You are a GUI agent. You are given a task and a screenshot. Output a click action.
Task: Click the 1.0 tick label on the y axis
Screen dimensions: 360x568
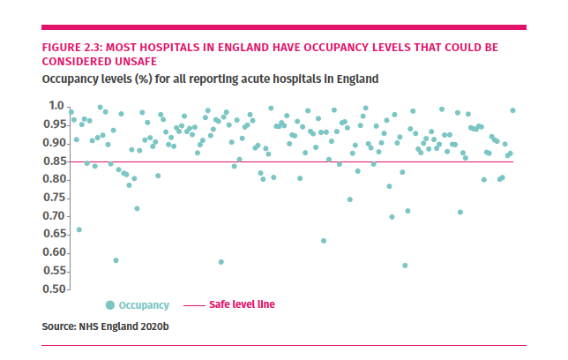pyautogui.click(x=56, y=106)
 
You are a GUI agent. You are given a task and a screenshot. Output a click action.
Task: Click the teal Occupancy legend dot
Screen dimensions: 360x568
pyautogui.click(x=110, y=305)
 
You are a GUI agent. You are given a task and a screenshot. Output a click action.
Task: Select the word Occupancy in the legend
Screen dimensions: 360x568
pyautogui.click(x=143, y=305)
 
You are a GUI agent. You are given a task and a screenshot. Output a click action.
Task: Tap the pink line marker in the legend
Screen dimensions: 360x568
pyautogui.click(x=193, y=305)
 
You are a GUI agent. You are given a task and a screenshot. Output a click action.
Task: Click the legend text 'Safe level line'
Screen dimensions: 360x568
pyautogui.click(x=242, y=305)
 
